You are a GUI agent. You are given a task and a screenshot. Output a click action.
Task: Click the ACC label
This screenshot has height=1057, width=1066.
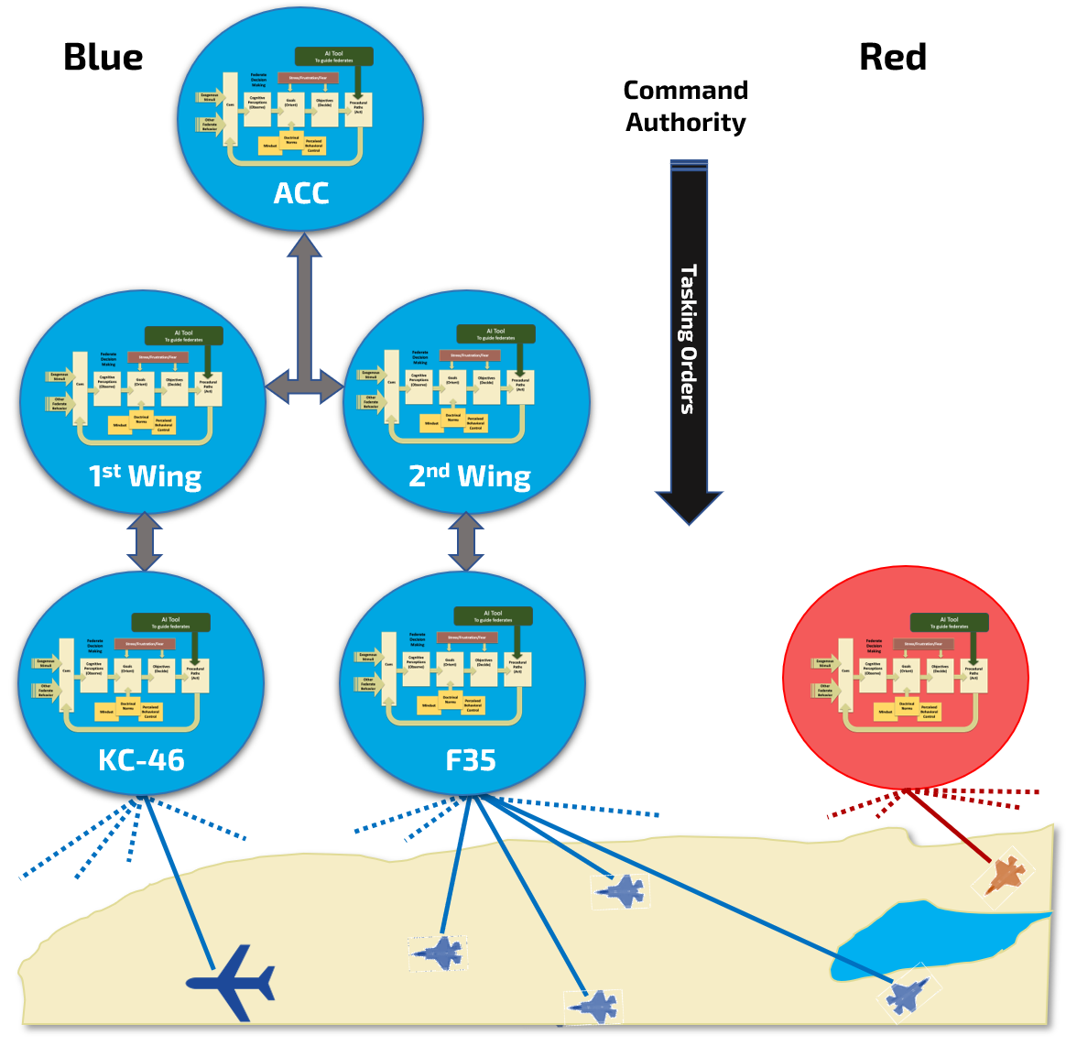(300, 193)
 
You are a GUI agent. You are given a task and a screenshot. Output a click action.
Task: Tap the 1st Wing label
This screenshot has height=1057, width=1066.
(145, 476)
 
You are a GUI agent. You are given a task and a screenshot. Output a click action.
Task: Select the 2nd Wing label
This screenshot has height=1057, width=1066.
(469, 476)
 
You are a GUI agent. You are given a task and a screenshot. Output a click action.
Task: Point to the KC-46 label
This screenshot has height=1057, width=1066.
(141, 760)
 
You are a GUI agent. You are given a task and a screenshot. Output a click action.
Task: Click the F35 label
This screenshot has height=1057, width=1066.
(470, 760)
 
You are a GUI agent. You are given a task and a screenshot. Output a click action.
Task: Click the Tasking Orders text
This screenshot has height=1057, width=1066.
(688, 339)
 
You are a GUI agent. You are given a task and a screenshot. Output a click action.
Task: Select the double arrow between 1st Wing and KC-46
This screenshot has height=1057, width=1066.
(145, 542)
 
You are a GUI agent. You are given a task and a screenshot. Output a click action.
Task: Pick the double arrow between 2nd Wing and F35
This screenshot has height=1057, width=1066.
(466, 542)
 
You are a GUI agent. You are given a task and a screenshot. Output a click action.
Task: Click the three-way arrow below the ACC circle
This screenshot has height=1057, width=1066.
(304, 348)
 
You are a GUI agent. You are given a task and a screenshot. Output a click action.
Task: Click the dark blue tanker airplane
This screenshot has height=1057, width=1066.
(232, 983)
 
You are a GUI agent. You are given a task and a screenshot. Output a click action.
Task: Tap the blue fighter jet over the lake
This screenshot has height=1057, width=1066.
(908, 994)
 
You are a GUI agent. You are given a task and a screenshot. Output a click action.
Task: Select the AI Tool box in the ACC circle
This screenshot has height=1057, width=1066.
(334, 57)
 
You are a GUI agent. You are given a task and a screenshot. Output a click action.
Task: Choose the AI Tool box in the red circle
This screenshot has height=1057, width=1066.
(949, 623)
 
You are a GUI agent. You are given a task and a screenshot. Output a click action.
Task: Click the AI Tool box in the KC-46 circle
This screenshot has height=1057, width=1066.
(170, 623)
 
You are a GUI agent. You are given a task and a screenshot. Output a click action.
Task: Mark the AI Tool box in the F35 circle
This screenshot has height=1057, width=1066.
(493, 616)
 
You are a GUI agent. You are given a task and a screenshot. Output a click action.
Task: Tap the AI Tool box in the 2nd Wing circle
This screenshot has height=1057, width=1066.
(495, 334)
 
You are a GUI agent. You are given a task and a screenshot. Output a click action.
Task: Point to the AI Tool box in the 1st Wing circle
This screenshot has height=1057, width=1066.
(183, 336)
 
